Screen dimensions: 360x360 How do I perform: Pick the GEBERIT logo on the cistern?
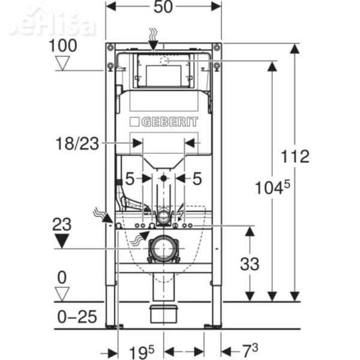click(163, 122)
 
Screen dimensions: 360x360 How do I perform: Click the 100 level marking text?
click(63, 45)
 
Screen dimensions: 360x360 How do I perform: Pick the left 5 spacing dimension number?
click(129, 178)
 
